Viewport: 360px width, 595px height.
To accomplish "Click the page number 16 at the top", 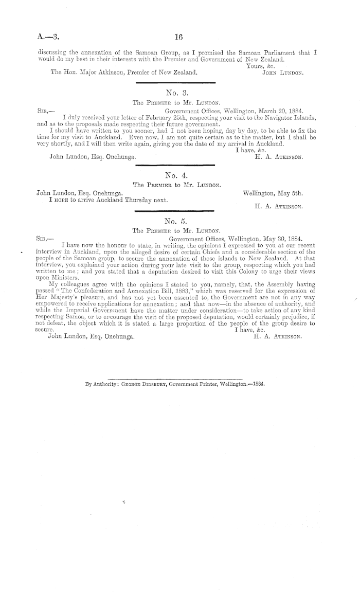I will pos(178,37).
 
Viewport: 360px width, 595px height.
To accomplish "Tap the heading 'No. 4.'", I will pos(179,175).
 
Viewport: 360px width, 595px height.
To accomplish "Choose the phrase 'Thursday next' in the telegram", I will pos(150,200).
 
